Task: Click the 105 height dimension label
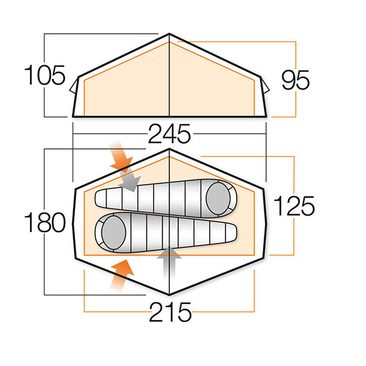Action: [45, 75]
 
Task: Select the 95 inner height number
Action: [295, 80]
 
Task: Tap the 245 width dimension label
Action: [170, 134]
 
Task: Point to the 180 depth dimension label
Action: [45, 223]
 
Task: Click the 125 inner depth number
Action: [294, 206]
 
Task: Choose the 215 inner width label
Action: [170, 312]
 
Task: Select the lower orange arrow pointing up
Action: [121, 276]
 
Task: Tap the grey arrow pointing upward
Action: [169, 262]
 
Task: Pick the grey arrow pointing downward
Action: [130, 180]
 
